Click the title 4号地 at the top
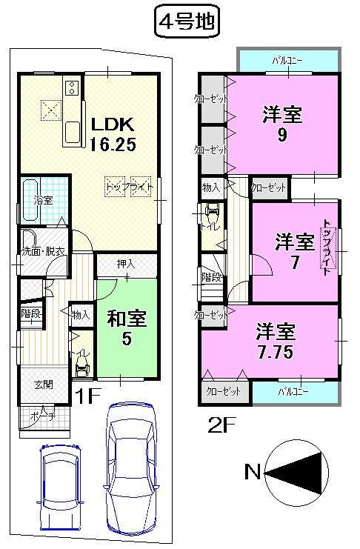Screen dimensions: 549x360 [186, 22]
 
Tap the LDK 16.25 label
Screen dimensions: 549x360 [113, 134]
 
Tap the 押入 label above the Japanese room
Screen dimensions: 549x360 [126, 263]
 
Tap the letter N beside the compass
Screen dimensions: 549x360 [253, 471]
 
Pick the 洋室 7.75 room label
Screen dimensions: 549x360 [277, 340]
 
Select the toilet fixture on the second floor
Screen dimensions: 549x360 [212, 216]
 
